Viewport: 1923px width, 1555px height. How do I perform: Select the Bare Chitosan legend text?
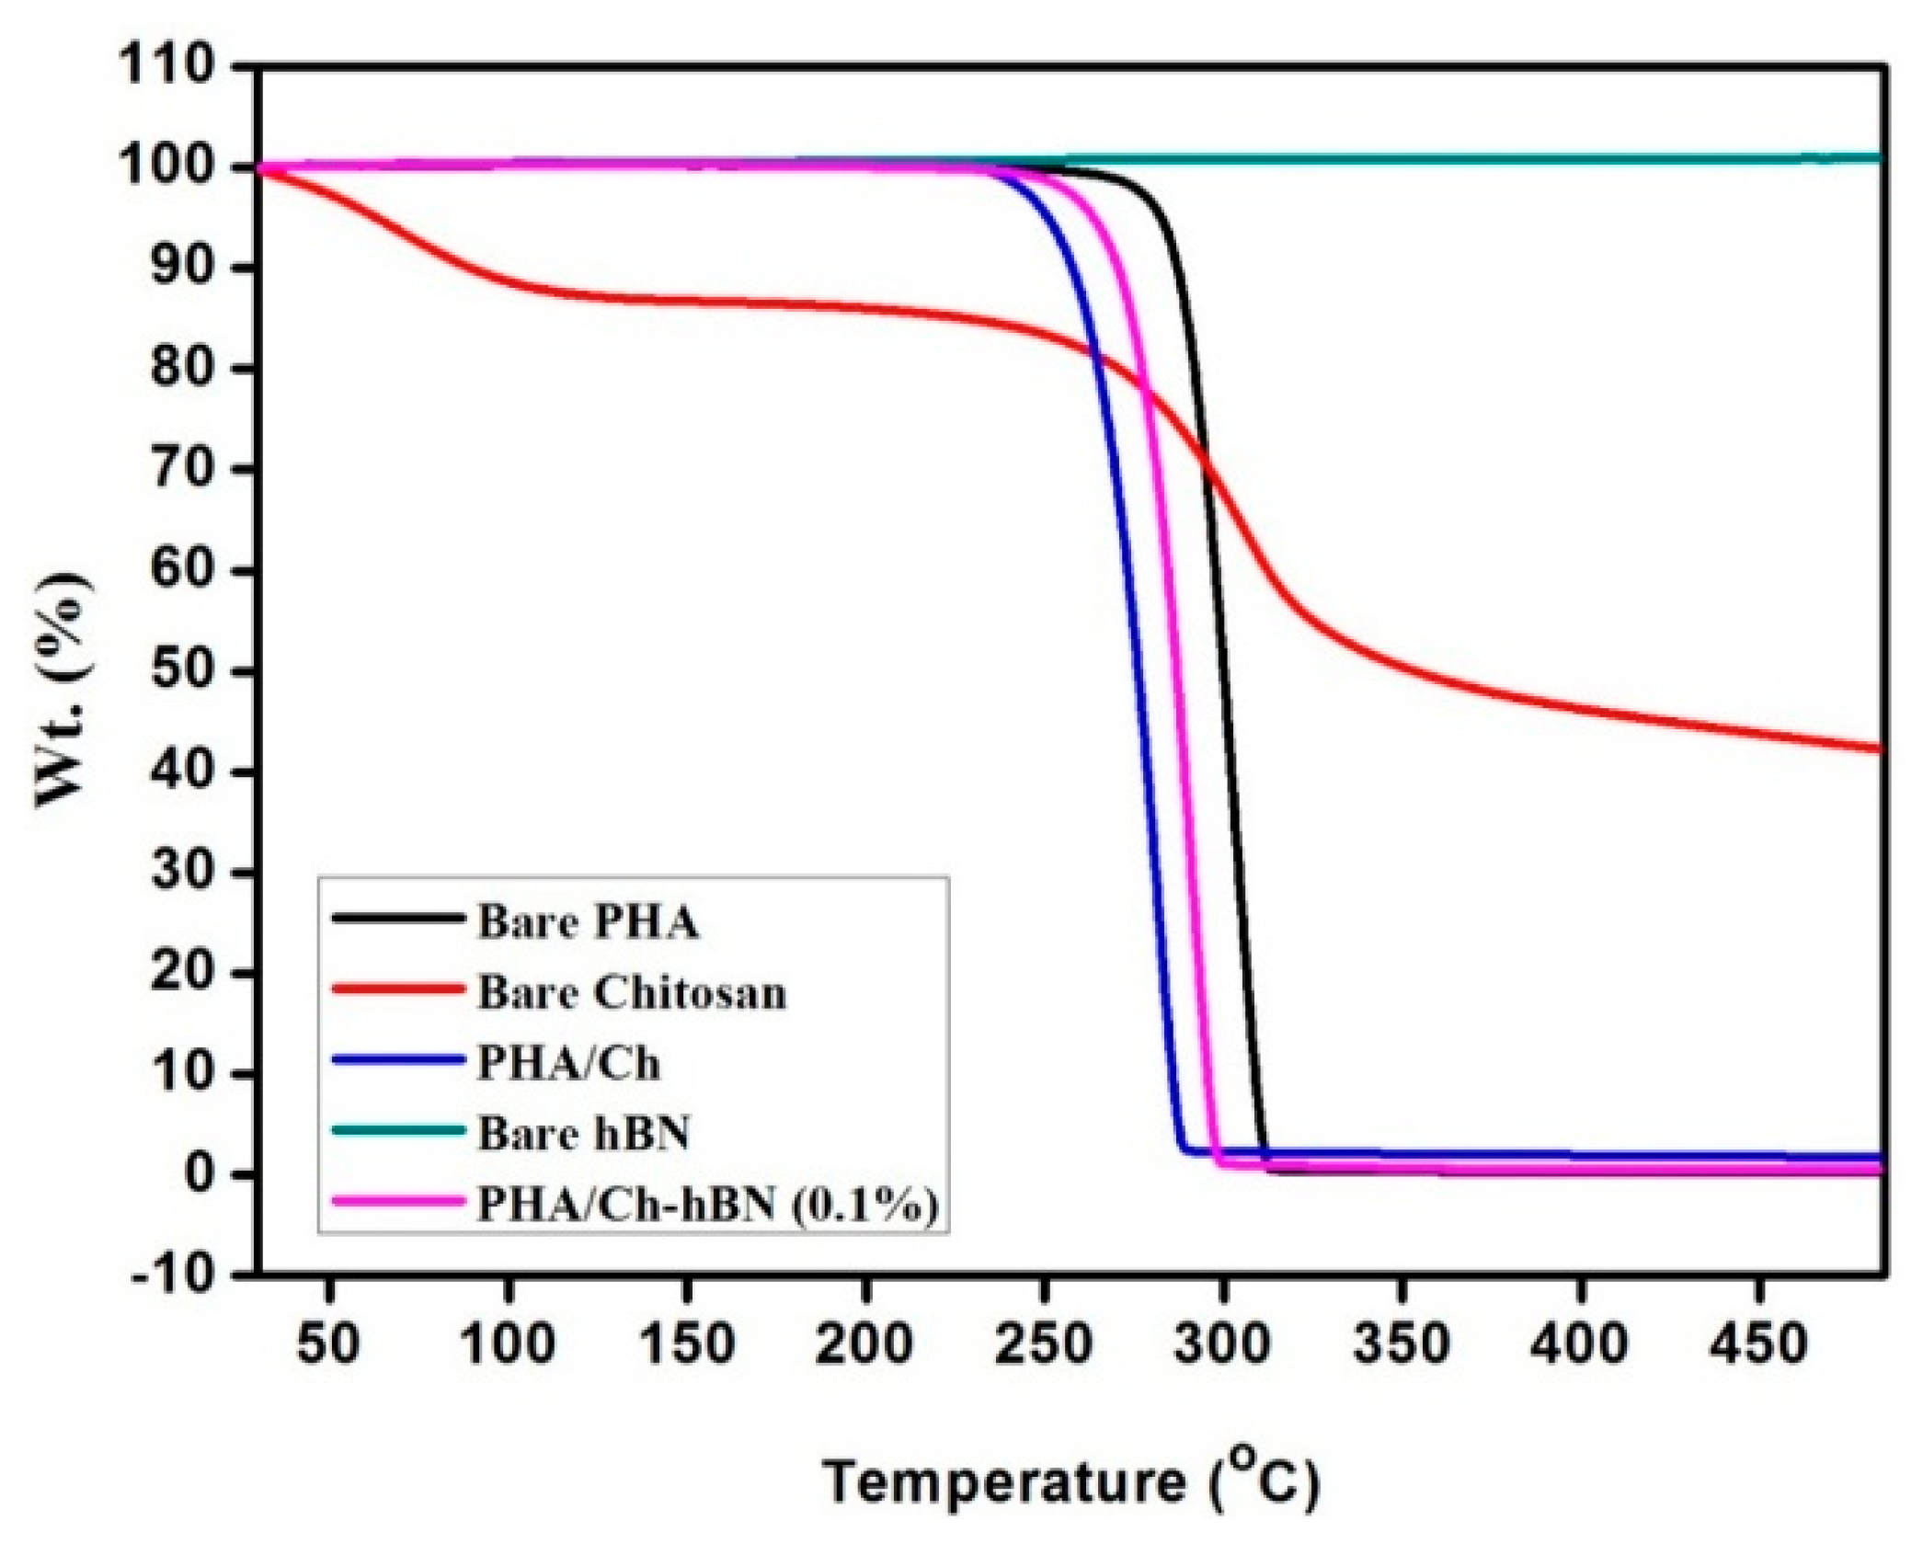[631, 993]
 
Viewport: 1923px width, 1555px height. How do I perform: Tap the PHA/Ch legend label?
[567, 1064]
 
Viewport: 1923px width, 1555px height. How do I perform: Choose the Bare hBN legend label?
[583, 1133]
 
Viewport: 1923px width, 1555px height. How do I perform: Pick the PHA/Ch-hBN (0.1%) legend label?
[707, 1204]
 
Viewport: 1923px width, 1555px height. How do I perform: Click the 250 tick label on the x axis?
[1044, 1343]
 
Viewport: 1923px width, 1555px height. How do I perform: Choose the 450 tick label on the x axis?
[1758, 1343]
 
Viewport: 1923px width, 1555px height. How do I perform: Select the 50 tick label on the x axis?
[328, 1343]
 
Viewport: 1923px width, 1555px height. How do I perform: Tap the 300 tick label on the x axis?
[1222, 1343]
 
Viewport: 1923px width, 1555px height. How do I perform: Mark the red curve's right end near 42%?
[1880, 749]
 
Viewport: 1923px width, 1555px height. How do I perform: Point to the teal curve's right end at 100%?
[1880, 158]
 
